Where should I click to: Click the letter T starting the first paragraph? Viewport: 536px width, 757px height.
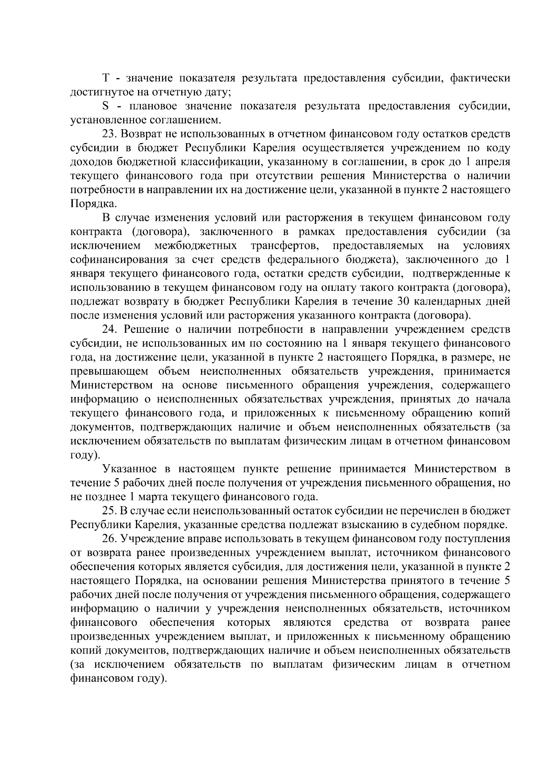coord(106,79)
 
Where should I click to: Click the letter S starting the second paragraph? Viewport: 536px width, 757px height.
coord(106,106)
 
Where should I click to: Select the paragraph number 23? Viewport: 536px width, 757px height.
coord(109,134)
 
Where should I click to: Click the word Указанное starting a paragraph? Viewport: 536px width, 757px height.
coord(129,469)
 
